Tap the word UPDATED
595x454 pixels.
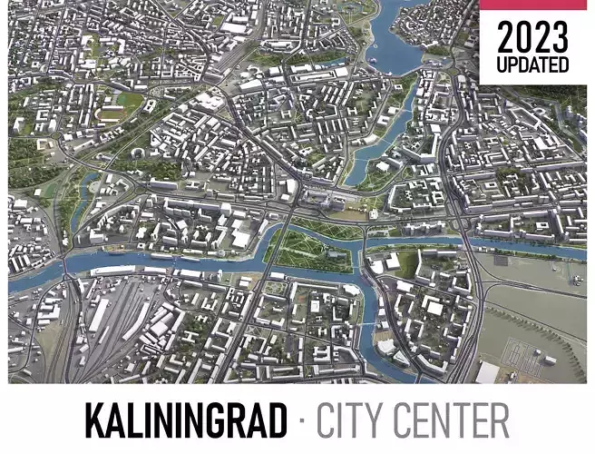(532, 65)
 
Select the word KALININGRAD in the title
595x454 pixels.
(184, 420)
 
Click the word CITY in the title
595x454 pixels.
(348, 420)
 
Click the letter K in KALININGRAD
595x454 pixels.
(95, 420)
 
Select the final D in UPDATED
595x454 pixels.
(563, 65)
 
